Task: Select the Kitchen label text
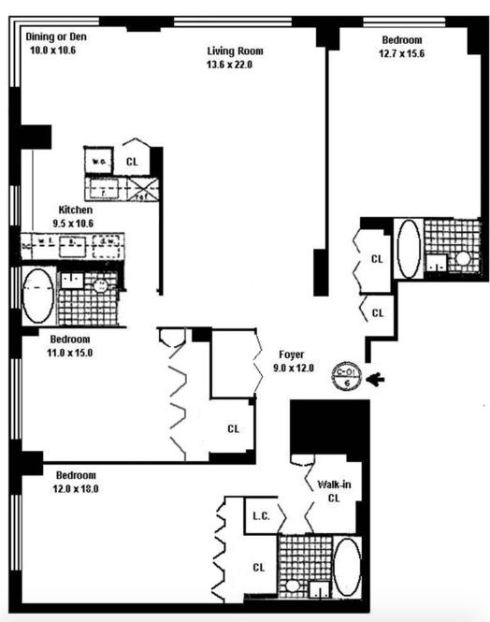pos(75,210)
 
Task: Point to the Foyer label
pos(290,354)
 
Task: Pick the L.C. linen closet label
pos(261,515)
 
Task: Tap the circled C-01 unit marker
pos(347,375)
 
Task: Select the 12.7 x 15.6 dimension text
pos(401,53)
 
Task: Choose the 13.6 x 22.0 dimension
pos(229,65)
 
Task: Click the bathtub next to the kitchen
pos(39,296)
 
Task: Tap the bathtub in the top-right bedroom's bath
pos(409,248)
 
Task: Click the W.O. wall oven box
pos(97,160)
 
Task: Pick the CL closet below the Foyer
pos(233,429)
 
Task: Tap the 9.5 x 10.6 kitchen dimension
pos(74,223)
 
